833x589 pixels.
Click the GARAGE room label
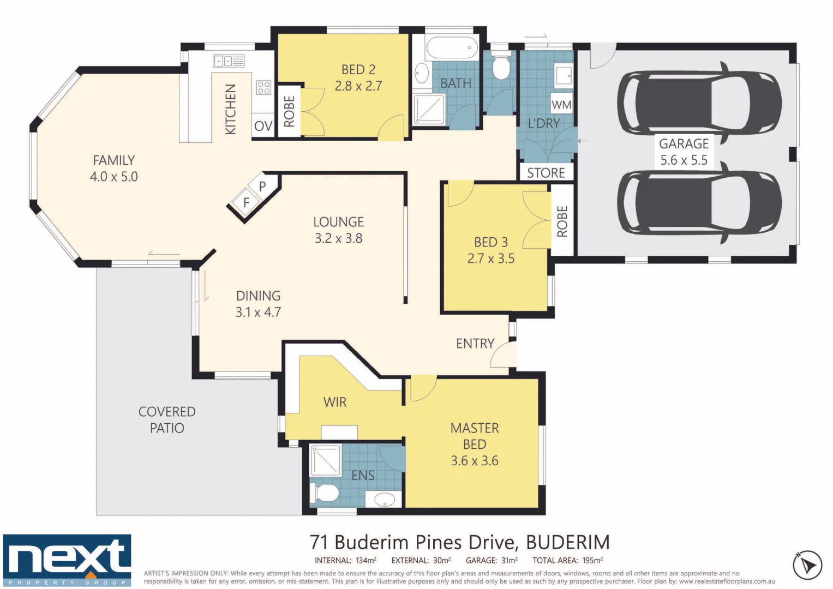coord(684,143)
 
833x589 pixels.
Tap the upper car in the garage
coord(699,103)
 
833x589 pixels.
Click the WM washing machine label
coord(561,105)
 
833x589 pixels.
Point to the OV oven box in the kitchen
coord(263,126)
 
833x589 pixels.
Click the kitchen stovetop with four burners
coord(263,87)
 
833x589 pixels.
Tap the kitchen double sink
coord(229,61)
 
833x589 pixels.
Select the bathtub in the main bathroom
coord(452,49)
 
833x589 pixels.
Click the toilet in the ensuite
coord(325,492)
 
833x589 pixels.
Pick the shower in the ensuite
coord(325,460)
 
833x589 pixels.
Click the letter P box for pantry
coord(262,187)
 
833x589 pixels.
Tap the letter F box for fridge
coord(246,203)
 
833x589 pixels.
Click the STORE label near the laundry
coord(546,173)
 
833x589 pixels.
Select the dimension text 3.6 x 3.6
coord(474,461)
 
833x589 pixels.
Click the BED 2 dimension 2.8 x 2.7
coord(358,86)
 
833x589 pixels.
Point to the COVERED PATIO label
coord(167,419)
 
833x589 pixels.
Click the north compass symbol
coord(807,565)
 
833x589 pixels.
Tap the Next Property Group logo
coord(67,560)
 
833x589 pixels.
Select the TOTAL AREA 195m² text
coord(567,560)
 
